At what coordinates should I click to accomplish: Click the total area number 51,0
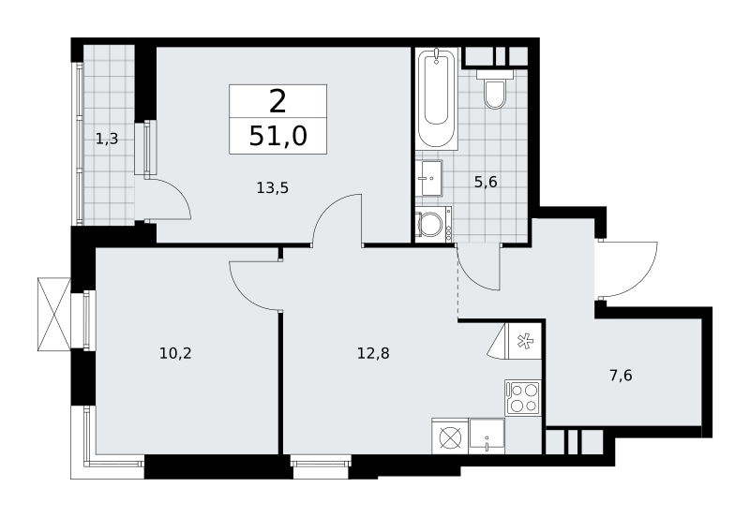277,137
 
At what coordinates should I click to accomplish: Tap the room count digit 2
277,102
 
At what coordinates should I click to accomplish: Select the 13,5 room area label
272,187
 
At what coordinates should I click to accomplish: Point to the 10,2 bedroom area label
175,353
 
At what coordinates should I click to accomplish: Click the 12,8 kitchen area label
373,353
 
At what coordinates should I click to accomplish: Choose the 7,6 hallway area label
621,376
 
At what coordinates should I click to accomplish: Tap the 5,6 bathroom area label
486,182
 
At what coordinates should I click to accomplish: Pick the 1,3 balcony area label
107,139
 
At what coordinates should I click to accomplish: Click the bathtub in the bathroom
436,97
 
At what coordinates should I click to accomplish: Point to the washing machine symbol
433,224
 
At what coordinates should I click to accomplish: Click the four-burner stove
522,398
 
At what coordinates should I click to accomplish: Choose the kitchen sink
487,436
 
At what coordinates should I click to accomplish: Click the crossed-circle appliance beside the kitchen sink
450,436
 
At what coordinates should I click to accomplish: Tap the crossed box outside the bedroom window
53,315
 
